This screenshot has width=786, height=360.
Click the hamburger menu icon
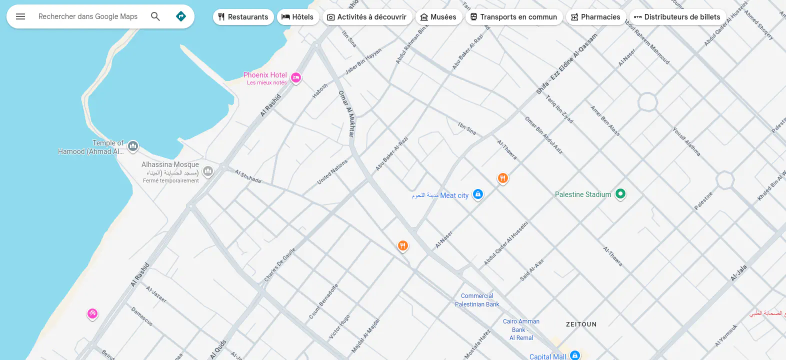pyautogui.click(x=20, y=16)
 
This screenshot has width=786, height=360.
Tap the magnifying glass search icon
pyautogui.click(x=155, y=16)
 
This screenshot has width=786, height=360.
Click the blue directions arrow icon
pyautogui.click(x=181, y=16)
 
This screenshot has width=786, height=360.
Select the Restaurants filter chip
pyautogui.click(x=243, y=17)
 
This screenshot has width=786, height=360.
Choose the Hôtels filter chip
pyautogui.click(x=297, y=17)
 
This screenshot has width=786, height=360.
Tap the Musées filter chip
pyautogui.click(x=438, y=17)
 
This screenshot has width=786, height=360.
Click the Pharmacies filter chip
pyautogui.click(x=595, y=17)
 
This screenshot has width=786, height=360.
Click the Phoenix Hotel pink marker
pyautogui.click(x=296, y=77)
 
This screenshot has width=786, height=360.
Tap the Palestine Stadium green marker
pyautogui.click(x=620, y=193)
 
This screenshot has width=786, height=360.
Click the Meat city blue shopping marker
pyautogui.click(x=477, y=194)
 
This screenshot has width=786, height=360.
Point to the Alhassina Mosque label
pyautogui.click(x=170, y=164)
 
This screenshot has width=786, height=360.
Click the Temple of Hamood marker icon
pyautogui.click(x=132, y=146)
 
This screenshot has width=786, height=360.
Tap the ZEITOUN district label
pyautogui.click(x=581, y=324)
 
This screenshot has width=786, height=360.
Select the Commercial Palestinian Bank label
pyautogui.click(x=477, y=300)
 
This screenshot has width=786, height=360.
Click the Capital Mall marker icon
pyautogui.click(x=575, y=355)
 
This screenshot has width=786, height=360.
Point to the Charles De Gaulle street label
pyautogui.click(x=280, y=264)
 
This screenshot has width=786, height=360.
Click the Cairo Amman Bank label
pyautogui.click(x=521, y=329)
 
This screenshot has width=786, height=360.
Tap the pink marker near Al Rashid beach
pyautogui.click(x=92, y=313)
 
